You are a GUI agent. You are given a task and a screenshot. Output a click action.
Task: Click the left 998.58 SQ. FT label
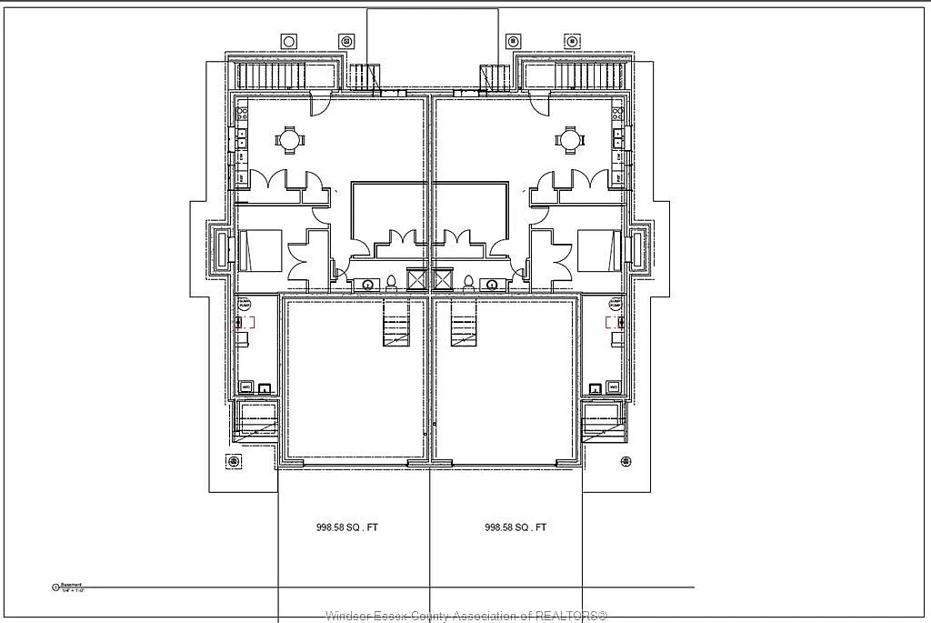[340, 528]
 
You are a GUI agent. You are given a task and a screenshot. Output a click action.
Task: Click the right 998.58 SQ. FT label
[516, 528]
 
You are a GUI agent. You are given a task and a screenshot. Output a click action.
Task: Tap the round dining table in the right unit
[570, 140]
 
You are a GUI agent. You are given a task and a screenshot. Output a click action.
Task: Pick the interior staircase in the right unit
[464, 326]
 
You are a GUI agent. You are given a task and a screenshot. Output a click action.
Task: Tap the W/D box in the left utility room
[245, 387]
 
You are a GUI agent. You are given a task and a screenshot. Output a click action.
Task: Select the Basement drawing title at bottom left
[71, 587]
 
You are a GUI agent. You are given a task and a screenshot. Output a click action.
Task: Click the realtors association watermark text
[465, 616]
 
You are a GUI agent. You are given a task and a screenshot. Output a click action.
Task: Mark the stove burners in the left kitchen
[243, 116]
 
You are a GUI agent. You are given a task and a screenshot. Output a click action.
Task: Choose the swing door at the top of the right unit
[539, 105]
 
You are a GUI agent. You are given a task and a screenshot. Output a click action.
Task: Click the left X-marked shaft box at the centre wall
[418, 279]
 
